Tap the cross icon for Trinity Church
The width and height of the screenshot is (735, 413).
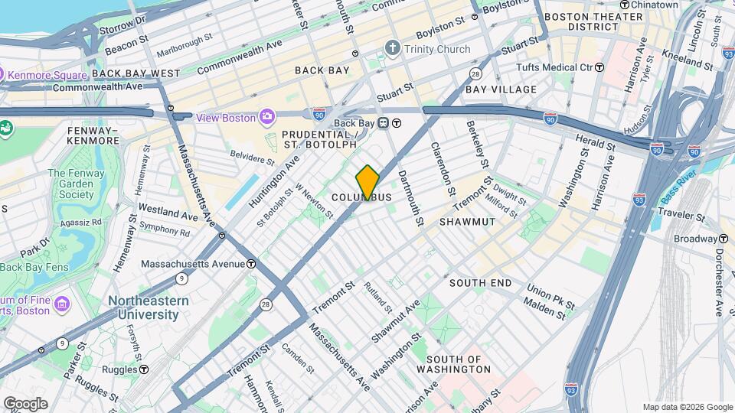[393, 50]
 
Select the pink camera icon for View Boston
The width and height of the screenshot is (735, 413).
[267, 117]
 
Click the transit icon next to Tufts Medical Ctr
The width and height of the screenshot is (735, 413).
[599, 67]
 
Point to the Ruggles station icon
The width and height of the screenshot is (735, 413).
[144, 369]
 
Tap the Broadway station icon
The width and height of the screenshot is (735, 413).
[722, 239]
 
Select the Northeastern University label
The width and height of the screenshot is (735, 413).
[149, 307]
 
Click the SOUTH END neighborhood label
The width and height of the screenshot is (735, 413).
[480, 283]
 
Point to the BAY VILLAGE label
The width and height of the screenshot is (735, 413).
[501, 89]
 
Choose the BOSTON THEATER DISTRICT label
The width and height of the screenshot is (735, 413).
[593, 21]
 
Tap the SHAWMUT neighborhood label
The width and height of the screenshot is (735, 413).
[467, 221]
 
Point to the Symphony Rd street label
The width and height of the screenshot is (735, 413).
[158, 228]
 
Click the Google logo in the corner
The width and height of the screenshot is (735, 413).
[24, 404]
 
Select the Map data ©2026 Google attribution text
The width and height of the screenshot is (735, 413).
[687, 407]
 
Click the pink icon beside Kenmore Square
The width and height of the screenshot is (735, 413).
[3, 74]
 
